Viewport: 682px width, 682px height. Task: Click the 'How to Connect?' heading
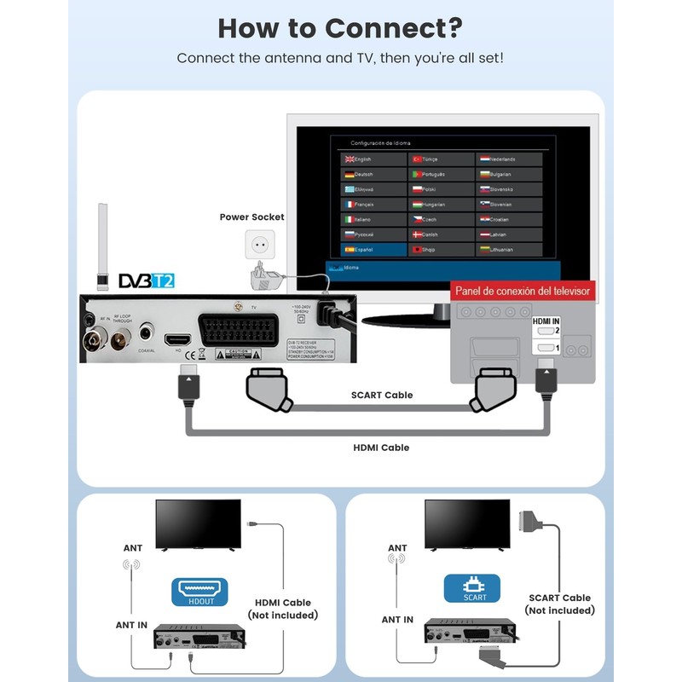click(x=340, y=27)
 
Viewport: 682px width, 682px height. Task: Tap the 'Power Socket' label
click(x=251, y=217)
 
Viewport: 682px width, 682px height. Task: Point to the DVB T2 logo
click(x=146, y=280)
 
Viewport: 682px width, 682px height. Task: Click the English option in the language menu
click(x=374, y=159)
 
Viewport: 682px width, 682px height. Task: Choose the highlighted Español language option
click(x=374, y=250)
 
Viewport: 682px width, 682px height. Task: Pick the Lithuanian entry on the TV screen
click(x=509, y=250)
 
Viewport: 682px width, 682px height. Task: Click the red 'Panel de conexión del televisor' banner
click(x=522, y=291)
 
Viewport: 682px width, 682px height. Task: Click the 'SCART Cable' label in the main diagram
click(x=382, y=395)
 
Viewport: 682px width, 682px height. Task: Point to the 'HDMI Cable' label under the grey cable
click(x=381, y=448)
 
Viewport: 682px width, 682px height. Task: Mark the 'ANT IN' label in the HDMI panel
click(x=133, y=625)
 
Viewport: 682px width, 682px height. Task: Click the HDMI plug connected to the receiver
click(x=188, y=381)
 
